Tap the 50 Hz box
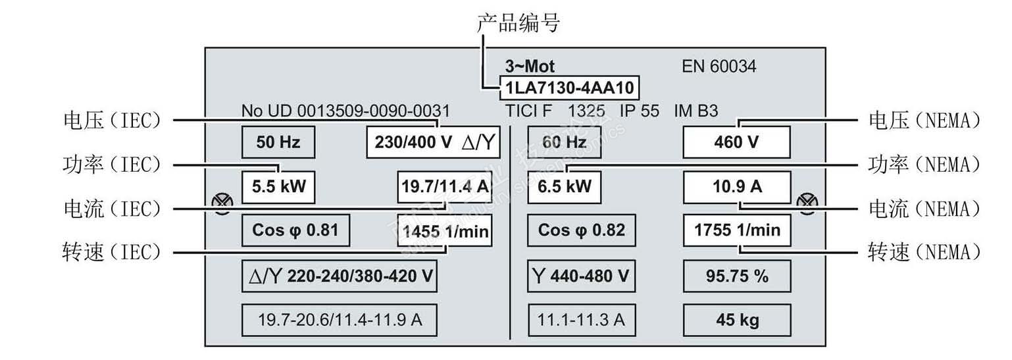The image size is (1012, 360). [278, 142]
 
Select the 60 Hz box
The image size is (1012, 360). [565, 142]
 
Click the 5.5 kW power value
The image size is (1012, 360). [278, 187]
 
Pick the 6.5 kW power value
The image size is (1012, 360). [565, 187]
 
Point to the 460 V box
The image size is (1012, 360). [736, 142]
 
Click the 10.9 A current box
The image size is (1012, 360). [736, 187]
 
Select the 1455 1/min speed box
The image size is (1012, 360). [445, 231]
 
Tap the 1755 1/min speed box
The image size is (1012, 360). [736, 230]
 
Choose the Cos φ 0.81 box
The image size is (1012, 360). [295, 230]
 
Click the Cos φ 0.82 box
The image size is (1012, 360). [582, 230]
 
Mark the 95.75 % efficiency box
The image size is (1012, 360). [736, 276]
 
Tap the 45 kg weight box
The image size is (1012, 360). [736, 321]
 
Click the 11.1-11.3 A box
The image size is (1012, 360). [582, 321]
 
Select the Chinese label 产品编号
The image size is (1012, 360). [518, 24]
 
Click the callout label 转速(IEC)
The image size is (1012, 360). [111, 253]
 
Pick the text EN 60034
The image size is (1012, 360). [719, 66]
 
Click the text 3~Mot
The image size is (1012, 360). [530, 66]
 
